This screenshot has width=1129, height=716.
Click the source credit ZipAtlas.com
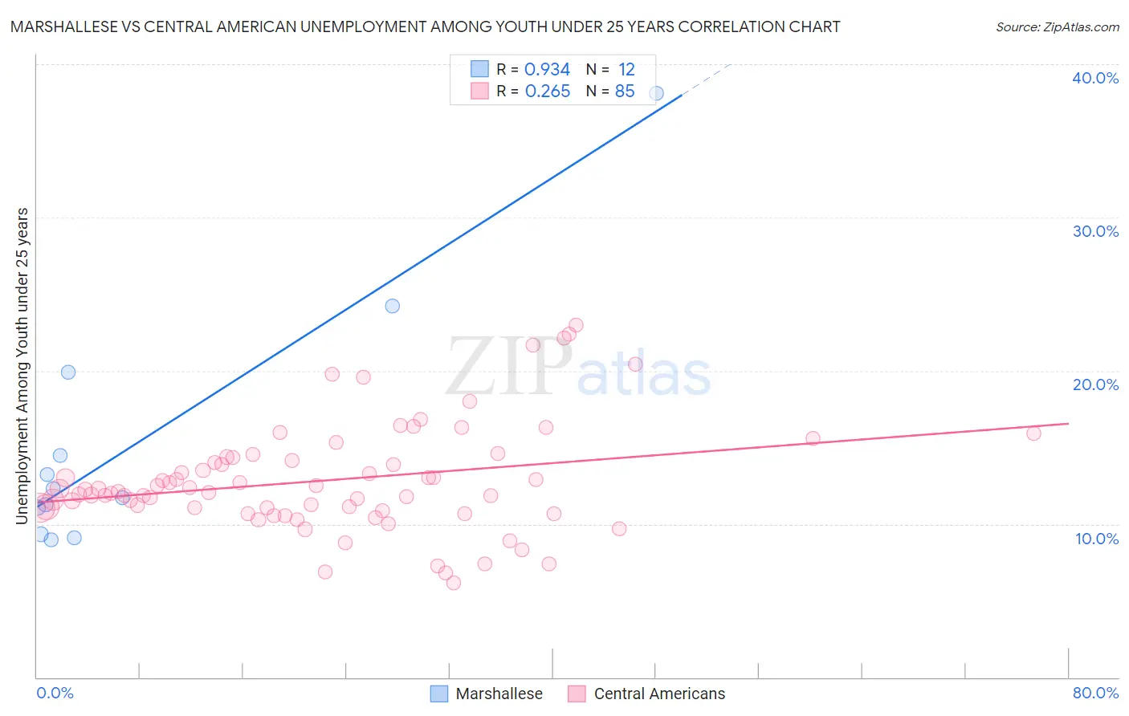1057,26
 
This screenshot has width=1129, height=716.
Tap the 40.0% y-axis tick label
1094,78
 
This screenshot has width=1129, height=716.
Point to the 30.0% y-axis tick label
1094,231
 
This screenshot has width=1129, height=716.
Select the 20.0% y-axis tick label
1094,384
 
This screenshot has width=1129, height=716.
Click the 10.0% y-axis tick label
1096,539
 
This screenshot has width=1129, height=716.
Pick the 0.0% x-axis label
55,693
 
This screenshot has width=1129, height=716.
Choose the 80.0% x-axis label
1095,693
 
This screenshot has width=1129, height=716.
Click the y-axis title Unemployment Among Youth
22,365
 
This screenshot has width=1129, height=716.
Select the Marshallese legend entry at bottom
487,694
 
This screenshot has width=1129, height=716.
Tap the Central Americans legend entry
646,694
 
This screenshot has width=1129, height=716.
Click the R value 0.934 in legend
547,70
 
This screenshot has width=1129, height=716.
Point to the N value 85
625,92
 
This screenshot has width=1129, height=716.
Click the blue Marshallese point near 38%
656,93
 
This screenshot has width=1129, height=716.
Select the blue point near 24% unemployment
392,306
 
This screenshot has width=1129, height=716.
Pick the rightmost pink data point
1033,433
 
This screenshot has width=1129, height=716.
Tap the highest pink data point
576,325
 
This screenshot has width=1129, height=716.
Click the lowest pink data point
454,583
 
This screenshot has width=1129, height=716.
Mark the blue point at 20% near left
68,372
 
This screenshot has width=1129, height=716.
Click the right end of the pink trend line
1068,423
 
